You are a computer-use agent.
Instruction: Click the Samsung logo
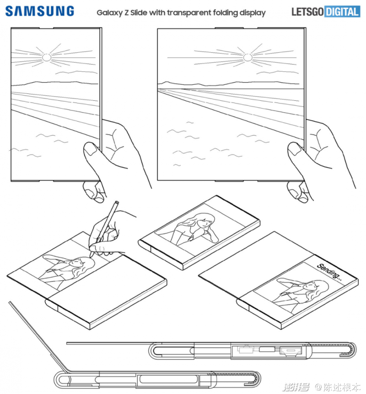click(40, 11)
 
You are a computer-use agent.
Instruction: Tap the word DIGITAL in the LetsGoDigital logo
click(342, 12)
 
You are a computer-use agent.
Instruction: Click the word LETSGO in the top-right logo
click(307, 12)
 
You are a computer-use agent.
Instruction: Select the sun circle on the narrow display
click(47, 58)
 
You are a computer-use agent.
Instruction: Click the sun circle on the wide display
click(248, 58)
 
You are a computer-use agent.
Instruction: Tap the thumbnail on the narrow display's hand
click(90, 148)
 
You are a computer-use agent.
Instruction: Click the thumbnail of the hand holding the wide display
click(295, 148)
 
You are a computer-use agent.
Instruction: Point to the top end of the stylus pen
click(117, 202)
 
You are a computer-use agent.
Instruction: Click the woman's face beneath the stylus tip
click(75, 263)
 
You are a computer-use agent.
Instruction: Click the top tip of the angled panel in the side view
click(10, 302)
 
